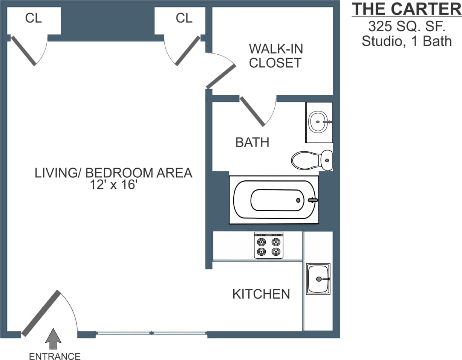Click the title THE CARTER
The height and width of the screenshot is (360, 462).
[x=406, y=9]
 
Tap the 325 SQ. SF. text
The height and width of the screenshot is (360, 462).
[x=406, y=26]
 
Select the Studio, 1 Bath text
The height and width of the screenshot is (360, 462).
[x=406, y=41]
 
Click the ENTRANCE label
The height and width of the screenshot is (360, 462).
[x=55, y=356]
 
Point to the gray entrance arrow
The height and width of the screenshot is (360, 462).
[x=53, y=340]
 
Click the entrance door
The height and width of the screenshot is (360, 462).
[x=41, y=313]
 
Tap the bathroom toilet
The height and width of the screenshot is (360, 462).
[x=312, y=160]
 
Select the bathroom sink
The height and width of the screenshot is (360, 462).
[x=319, y=122]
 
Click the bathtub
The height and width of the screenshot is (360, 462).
[x=274, y=200]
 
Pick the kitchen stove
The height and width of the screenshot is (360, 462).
[x=269, y=245]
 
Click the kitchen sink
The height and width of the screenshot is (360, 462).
[x=318, y=279]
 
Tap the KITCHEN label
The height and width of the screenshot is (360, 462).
[x=261, y=294]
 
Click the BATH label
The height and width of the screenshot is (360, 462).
[x=252, y=142]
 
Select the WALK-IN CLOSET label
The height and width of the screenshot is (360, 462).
[x=275, y=56]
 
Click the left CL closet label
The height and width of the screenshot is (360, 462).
[x=33, y=18]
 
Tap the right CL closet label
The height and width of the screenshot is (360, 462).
[x=184, y=18]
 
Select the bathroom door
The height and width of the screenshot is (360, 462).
[x=252, y=111]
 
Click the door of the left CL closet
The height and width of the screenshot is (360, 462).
[x=24, y=51]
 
